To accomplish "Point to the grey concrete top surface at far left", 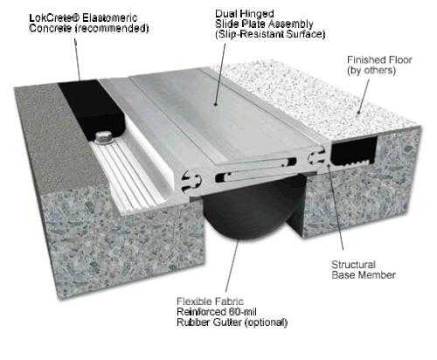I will click(31, 131).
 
